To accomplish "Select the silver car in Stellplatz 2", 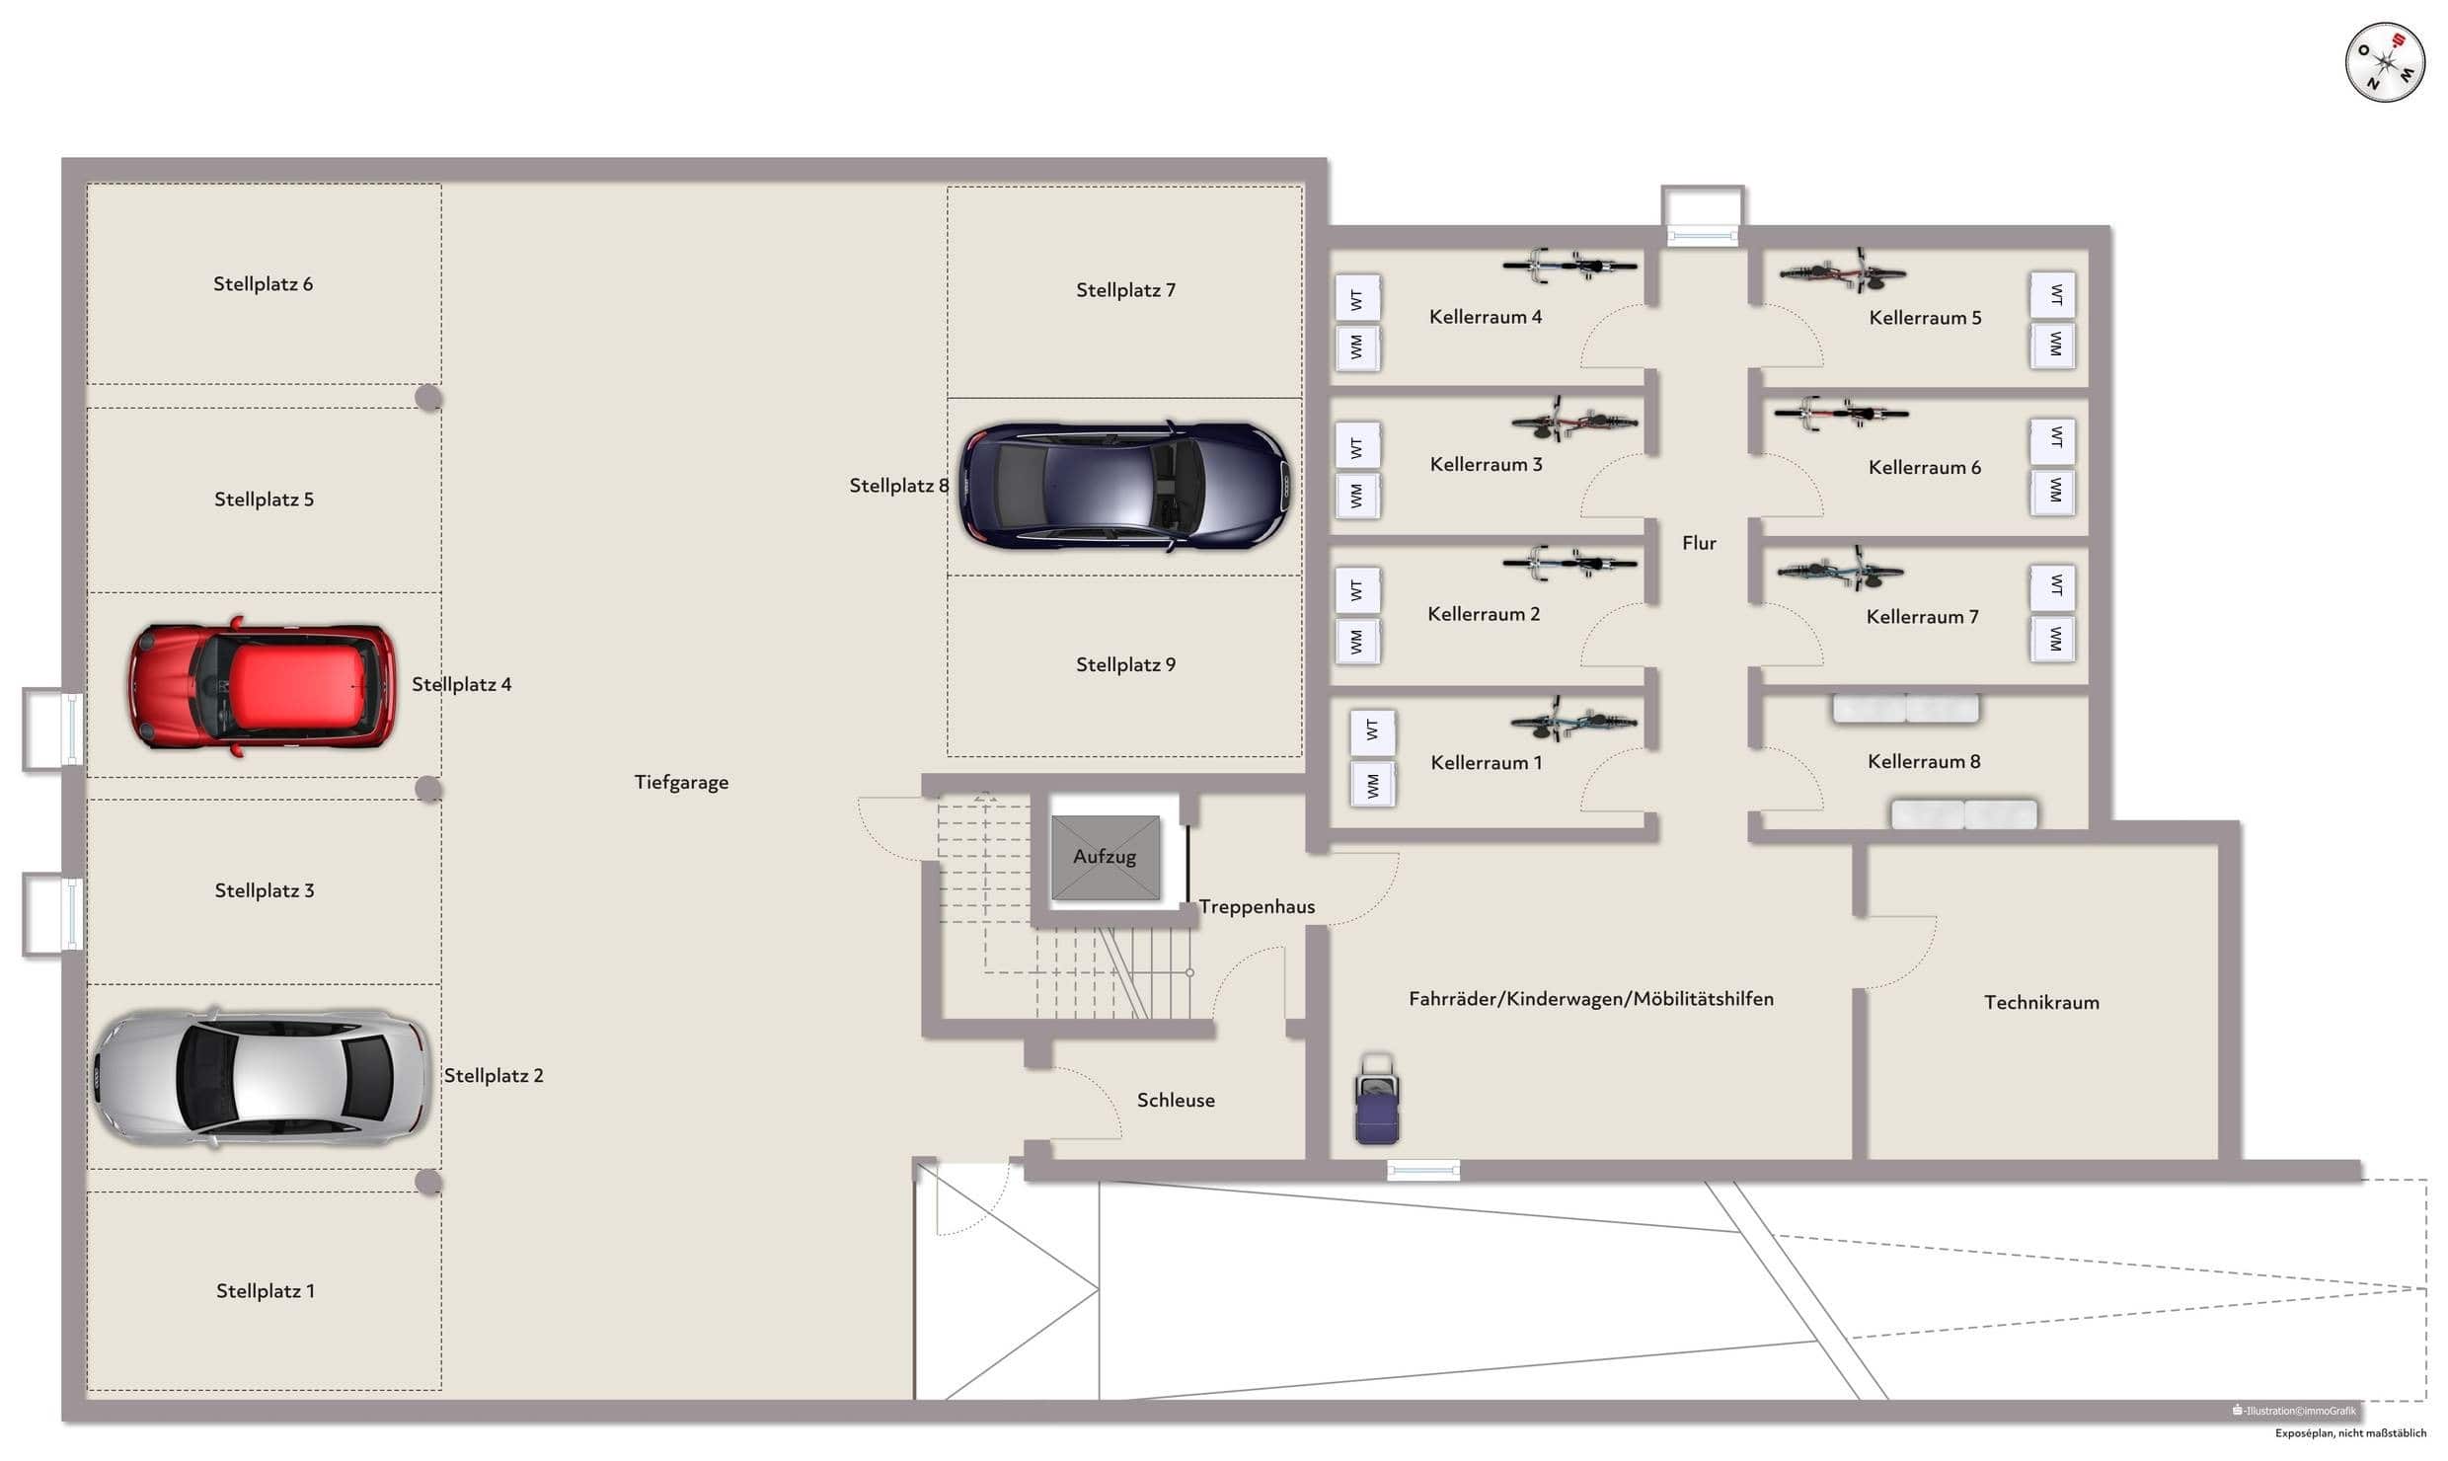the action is tap(262, 1077).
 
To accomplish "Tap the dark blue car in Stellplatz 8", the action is tap(1125, 486).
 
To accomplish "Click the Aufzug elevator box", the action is tap(1106, 857).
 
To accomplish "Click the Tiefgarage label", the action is tap(681, 782).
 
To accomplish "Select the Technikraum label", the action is tap(2041, 1002).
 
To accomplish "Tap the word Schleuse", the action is tap(1176, 1100).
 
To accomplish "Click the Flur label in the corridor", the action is tap(1699, 543).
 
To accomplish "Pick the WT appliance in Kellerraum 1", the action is tap(1372, 730).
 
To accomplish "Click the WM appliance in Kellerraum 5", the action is tap(2054, 345).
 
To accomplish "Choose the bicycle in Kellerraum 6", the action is tap(1841, 413).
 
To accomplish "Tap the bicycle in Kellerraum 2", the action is tap(1569, 564).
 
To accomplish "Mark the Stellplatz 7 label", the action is tap(1125, 290).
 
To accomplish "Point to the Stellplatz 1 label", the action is tap(266, 1291).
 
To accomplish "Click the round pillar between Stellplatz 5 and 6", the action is tap(428, 398).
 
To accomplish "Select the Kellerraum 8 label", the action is tap(1924, 761).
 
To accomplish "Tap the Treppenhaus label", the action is tap(1257, 907).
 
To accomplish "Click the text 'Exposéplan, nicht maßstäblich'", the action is tap(2350, 1433).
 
